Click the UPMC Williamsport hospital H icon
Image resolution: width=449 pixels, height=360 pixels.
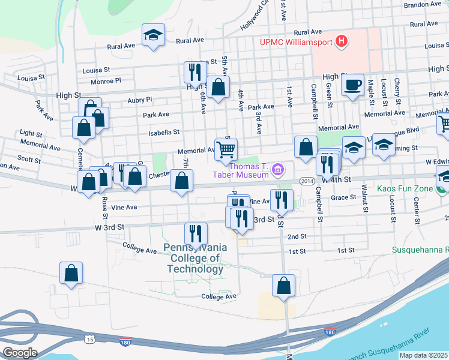(x=341, y=41)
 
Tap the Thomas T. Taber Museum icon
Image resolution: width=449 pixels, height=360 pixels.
(x=277, y=171)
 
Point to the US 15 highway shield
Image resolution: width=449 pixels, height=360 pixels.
(x=90, y=340)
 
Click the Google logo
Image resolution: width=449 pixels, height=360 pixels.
(x=19, y=353)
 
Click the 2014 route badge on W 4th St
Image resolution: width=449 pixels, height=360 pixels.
(x=307, y=181)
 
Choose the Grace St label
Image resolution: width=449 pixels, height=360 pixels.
(x=344, y=197)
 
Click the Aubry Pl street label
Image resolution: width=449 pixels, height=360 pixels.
(x=140, y=100)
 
